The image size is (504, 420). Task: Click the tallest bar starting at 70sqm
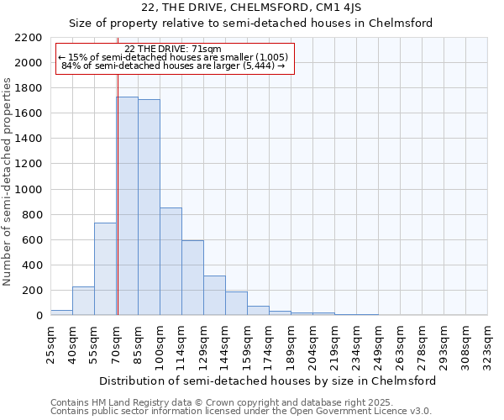[127, 206]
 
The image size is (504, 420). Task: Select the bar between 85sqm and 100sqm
[149, 207]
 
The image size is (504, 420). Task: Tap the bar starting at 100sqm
[171, 261]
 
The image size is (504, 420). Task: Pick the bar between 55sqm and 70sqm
[105, 269]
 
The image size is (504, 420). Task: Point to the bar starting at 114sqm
[192, 277]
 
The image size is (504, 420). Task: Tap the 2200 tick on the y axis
[29, 38]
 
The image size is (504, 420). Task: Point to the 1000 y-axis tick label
[29, 190]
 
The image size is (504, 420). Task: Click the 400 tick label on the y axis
[32, 265]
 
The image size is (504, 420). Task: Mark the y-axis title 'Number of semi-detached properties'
[8, 181]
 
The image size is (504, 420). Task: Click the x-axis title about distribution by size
[268, 381]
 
